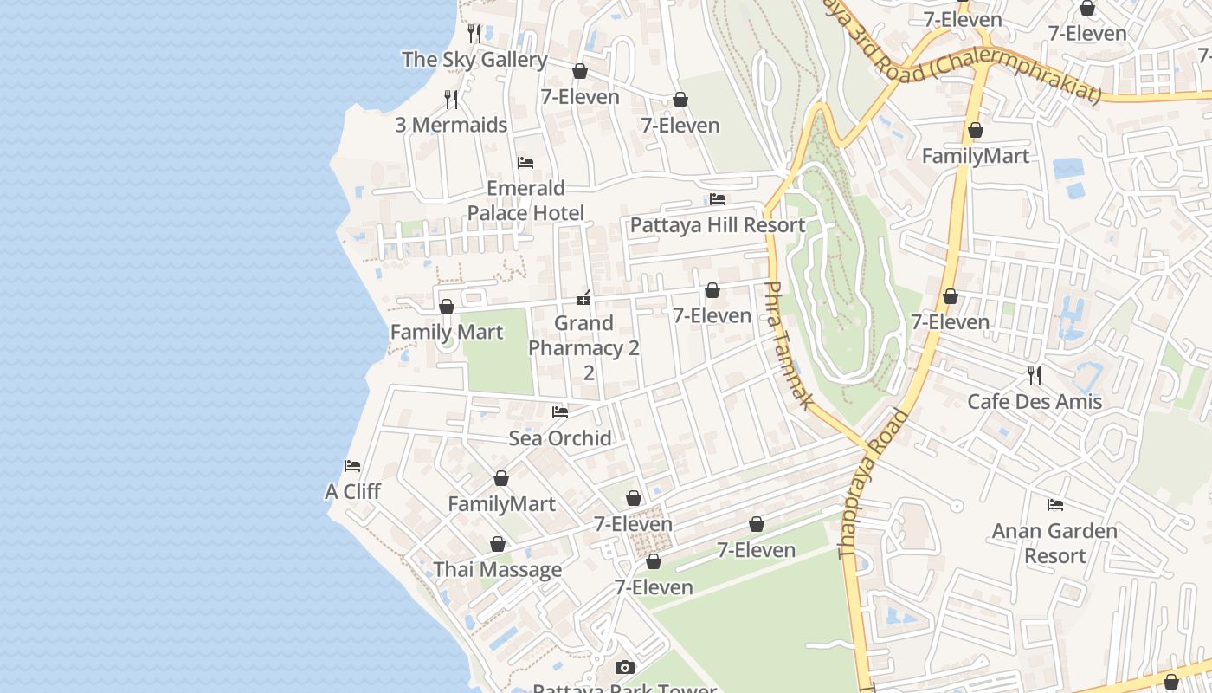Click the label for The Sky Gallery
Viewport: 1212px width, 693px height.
[474, 60]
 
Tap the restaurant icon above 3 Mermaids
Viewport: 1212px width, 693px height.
[451, 99]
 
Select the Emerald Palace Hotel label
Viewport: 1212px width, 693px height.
[525, 200]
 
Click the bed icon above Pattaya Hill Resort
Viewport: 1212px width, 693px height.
[718, 199]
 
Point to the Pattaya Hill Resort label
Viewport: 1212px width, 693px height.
[718, 225]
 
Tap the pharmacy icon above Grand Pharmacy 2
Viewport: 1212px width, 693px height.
[584, 298]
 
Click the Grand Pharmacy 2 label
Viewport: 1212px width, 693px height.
[584, 347]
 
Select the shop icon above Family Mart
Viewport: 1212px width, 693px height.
[447, 307]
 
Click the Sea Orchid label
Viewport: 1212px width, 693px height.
[560, 438]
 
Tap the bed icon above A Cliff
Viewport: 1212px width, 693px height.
[352, 466]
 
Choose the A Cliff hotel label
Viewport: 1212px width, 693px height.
[352, 492]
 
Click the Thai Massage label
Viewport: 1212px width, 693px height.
[498, 570]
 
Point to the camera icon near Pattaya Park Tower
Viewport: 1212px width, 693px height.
[625, 667]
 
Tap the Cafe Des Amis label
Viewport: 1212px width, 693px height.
[1035, 401]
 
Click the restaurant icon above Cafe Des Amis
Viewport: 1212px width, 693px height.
[1035, 375]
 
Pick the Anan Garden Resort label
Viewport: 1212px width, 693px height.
[1054, 543]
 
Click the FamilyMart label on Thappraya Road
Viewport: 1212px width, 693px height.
[976, 156]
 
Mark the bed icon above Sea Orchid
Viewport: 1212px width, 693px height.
[560, 412]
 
